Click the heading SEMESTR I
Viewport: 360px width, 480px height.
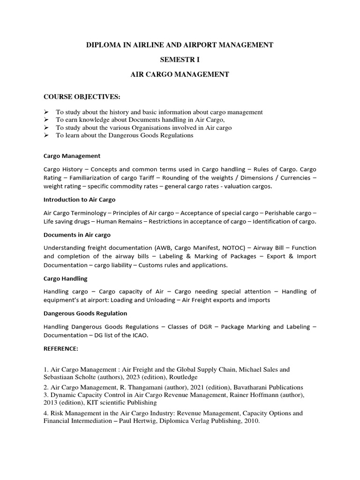tap(180, 60)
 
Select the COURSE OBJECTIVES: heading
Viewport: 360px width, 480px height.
tap(82, 97)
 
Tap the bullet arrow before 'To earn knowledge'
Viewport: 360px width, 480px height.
tap(46, 120)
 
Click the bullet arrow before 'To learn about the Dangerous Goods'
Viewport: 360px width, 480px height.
tap(46, 135)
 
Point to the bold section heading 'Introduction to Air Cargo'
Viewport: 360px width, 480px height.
tap(79, 200)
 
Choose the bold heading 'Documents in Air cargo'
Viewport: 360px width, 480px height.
tap(77, 235)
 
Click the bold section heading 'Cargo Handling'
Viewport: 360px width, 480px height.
tap(65, 278)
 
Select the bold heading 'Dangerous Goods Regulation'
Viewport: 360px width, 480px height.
tap(85, 313)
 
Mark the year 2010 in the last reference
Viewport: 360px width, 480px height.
tap(250, 421)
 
